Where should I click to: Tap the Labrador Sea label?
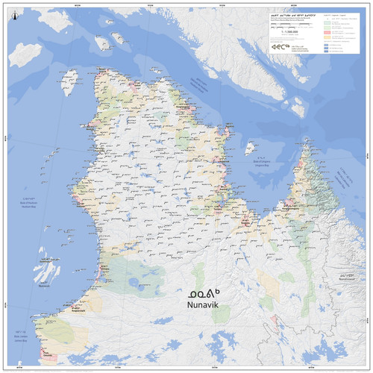tap(345, 180)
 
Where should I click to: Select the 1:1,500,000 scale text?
tap(287, 33)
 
